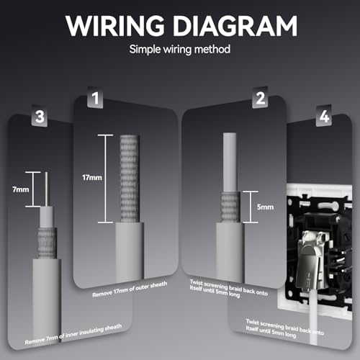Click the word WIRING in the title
(114, 26)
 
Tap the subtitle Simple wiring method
(180, 49)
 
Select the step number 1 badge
(95, 98)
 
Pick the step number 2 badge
(260, 98)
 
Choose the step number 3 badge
(40, 117)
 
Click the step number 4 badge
(324, 117)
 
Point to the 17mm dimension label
(92, 178)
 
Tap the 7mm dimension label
(21, 189)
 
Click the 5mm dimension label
(265, 207)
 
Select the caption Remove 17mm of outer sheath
(130, 289)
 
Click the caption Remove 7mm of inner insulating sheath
(73, 334)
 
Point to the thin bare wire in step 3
(46, 189)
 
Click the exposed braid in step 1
(130, 179)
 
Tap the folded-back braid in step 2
(230, 207)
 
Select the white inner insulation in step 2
(230, 163)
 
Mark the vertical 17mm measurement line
(105, 179)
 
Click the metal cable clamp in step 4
(309, 261)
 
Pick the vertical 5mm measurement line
(251, 207)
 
